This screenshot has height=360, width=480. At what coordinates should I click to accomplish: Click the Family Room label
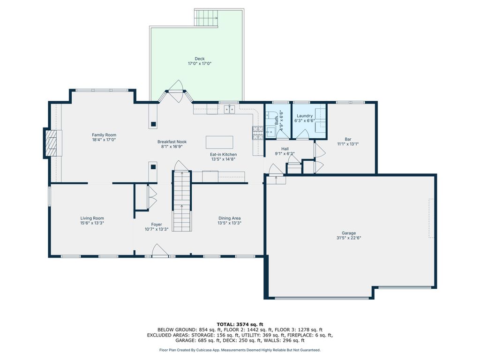[104, 135]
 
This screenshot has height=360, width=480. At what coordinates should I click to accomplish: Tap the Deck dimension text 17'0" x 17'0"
[200, 64]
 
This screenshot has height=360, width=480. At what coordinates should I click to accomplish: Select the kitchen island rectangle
[219, 142]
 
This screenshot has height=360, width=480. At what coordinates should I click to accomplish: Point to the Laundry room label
[305, 116]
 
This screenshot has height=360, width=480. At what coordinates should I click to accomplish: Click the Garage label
[349, 233]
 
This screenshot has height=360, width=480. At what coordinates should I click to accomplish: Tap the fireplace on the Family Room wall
[52, 143]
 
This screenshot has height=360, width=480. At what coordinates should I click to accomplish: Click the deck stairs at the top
[206, 18]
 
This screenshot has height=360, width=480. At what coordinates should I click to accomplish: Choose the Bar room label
[348, 139]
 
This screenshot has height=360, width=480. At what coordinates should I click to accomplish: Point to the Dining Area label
[229, 218]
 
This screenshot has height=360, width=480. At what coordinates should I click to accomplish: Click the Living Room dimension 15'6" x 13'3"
[92, 223]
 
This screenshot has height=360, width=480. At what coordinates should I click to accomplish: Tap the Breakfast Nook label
[172, 142]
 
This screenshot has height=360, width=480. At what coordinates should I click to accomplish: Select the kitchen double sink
[229, 109]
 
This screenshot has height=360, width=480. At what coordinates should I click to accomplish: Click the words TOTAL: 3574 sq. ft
[240, 324]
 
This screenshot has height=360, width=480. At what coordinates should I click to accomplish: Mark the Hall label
[285, 149]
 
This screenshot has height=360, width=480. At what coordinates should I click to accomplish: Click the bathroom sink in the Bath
[270, 132]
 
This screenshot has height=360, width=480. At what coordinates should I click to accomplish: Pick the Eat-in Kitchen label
[223, 155]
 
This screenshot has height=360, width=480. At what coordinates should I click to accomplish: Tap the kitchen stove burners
[258, 133]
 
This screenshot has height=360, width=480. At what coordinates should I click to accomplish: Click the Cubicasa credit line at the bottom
[240, 350]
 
